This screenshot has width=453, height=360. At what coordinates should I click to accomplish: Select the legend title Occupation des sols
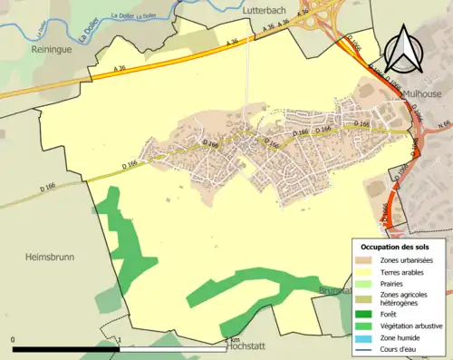click(x=396, y=247)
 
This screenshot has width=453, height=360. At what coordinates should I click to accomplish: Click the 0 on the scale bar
click(x=14, y=341)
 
